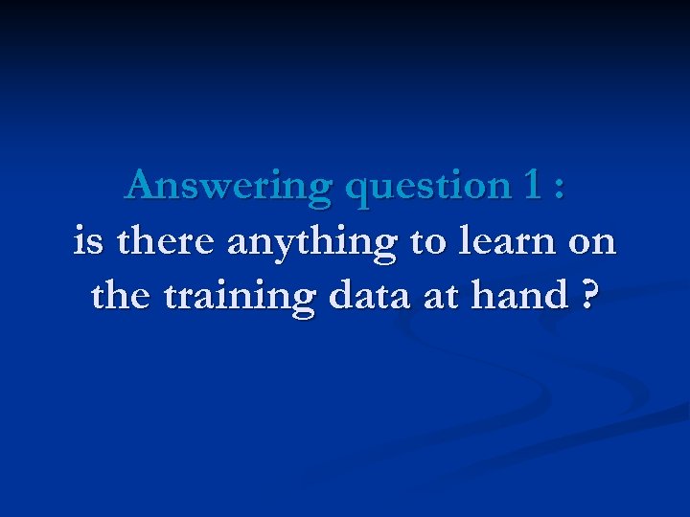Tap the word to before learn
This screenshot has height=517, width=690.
pos(427,242)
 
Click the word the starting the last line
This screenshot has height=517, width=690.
pos(123,296)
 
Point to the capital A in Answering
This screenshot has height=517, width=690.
pos(142,184)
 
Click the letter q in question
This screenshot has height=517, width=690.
pos(359,191)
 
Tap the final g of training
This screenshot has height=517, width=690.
pos(304,302)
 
